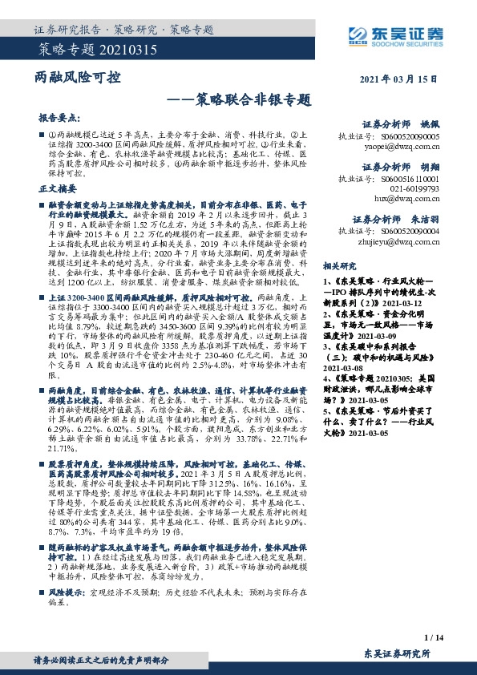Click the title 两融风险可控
pos(79,78)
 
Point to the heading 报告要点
pos(59,116)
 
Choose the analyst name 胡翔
pos(431,167)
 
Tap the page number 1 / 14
pos(431,638)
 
